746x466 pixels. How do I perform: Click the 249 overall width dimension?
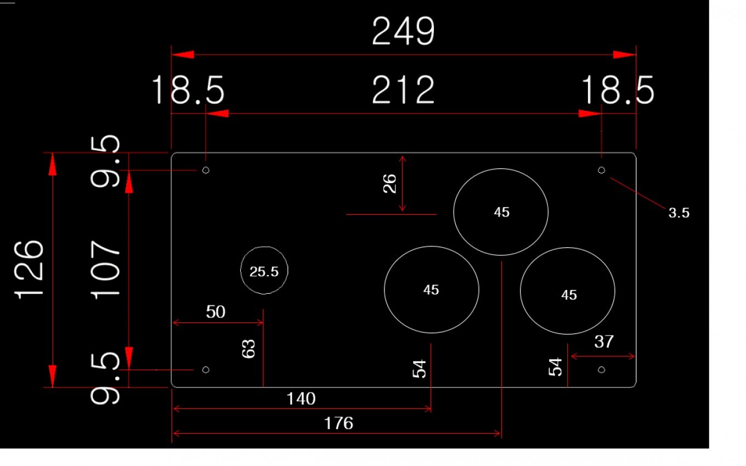point(403,31)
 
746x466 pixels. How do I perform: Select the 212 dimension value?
point(403,90)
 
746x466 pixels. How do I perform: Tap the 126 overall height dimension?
point(29,270)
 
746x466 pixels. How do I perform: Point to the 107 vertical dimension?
point(105,270)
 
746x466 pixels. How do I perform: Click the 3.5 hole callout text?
point(679,213)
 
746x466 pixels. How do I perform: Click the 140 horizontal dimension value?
point(301,399)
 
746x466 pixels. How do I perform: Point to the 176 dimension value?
point(338,423)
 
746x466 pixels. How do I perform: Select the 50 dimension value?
point(216,312)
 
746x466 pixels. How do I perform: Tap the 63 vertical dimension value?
point(248,349)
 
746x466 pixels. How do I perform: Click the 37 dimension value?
point(604,342)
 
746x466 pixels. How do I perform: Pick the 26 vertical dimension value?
point(389,184)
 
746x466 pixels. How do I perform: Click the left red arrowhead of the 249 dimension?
point(183,55)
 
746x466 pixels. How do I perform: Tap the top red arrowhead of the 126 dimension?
point(53,164)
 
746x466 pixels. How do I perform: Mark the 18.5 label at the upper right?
point(618,90)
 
